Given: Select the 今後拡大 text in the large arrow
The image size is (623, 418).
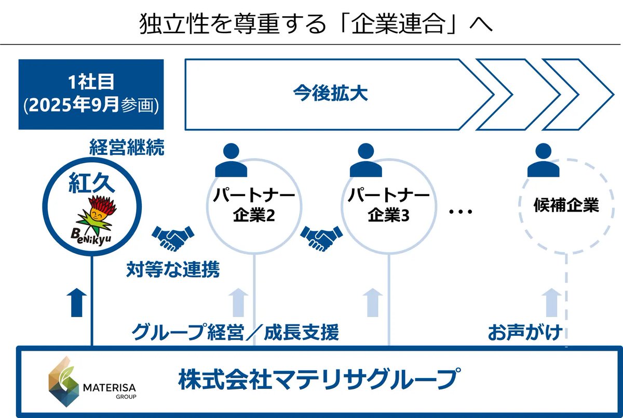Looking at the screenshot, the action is (330, 94).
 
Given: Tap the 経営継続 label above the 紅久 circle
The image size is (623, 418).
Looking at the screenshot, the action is (127, 149).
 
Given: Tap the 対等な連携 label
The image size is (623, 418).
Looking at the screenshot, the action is (173, 269).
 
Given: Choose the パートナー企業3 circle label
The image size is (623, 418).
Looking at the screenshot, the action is (389, 205).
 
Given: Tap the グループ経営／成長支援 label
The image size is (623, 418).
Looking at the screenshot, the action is (235, 332).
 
